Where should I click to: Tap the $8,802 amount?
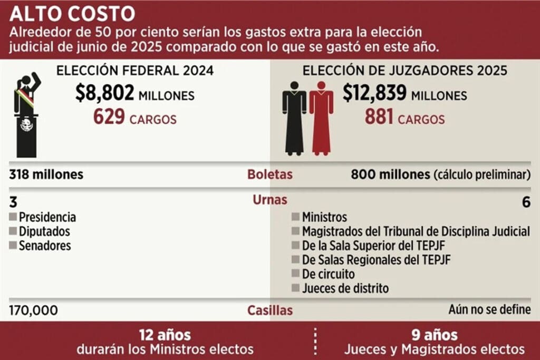point(104,94)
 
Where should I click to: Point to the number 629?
point(109,118)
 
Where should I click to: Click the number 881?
point(379,117)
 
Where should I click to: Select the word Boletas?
point(269,174)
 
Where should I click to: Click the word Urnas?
point(269,200)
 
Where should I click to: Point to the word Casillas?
point(269,310)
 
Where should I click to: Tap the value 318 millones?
point(46,174)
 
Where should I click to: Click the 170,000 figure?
point(34,310)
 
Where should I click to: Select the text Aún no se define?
point(489,310)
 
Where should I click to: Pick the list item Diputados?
point(44,231)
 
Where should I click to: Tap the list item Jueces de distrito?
point(345,288)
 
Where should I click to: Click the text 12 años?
point(165,335)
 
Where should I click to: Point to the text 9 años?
point(435,335)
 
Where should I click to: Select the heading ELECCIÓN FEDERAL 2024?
point(135,71)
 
